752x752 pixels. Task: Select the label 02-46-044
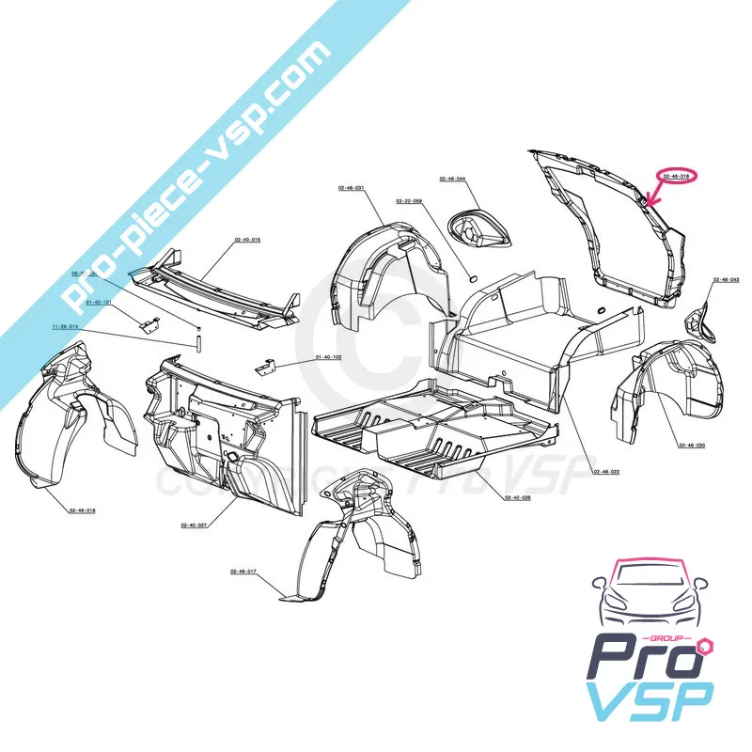[452, 178]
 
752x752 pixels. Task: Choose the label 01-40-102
[329, 357]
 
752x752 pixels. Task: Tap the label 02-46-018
[83, 510]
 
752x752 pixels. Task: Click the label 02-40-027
[195, 525]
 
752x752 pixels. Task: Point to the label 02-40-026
[517, 496]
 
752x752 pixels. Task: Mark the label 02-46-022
[607, 470]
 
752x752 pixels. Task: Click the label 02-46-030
[692, 445]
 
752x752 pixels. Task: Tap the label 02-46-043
[727, 279]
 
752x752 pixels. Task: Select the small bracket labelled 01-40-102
[268, 365]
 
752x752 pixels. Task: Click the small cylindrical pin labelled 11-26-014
[199, 337]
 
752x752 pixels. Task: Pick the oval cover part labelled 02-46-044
[479, 230]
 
